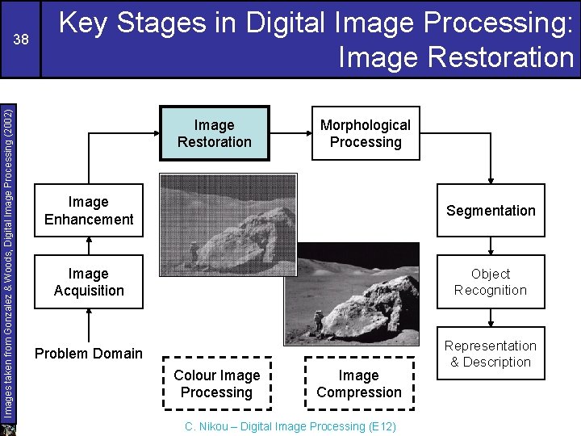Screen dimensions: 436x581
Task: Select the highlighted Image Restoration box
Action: click(x=214, y=133)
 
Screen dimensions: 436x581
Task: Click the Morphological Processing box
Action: click(x=366, y=133)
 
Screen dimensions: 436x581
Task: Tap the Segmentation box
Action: click(x=491, y=211)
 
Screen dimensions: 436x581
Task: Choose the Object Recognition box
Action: click(x=491, y=283)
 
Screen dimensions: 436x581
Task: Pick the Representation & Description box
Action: click(x=491, y=354)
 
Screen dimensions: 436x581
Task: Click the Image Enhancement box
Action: click(x=89, y=211)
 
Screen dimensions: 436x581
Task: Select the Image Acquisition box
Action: click(x=89, y=283)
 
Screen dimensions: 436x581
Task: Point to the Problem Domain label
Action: click(x=89, y=354)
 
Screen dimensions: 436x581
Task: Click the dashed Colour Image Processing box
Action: click(x=216, y=384)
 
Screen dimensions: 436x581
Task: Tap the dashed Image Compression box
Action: click(x=359, y=384)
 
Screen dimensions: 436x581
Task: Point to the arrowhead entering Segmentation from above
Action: click(x=491, y=180)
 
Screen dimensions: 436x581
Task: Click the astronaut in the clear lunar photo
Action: click(x=319, y=321)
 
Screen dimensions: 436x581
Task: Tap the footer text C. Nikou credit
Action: click(x=290, y=426)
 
